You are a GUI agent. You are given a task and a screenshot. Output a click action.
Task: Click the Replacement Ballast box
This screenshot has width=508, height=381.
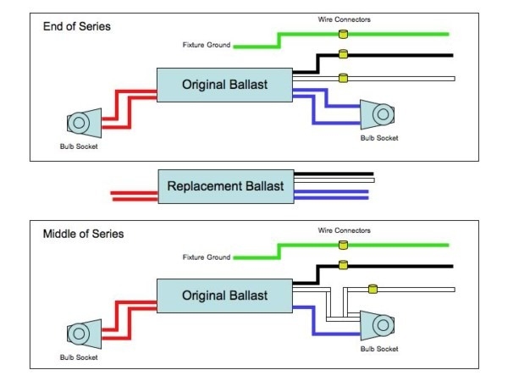[226, 185]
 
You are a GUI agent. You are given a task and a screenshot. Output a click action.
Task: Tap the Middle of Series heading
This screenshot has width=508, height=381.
[84, 233]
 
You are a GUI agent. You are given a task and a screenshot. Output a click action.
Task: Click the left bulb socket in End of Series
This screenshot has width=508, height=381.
[81, 123]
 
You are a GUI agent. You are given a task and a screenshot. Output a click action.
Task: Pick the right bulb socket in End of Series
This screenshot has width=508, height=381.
[377, 113]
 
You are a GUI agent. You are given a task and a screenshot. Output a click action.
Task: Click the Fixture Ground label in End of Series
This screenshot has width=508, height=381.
[206, 45]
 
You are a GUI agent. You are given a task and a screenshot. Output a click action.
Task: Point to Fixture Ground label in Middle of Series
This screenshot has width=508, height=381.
[206, 257]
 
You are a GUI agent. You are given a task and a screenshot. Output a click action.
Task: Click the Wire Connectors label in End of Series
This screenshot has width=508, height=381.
[343, 18]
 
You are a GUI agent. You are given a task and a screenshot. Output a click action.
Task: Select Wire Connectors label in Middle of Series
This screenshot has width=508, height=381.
[343, 229]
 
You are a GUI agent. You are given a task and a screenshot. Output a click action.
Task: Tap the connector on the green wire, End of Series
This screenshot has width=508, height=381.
[343, 34]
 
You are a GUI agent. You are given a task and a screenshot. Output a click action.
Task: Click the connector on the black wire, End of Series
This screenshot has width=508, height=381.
[343, 54]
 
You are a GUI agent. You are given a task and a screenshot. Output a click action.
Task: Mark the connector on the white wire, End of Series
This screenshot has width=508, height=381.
[343, 79]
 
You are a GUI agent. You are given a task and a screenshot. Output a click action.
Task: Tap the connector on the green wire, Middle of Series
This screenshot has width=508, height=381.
[343, 245]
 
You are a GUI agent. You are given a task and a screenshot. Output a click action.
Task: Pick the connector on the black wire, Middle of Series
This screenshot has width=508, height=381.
[343, 265]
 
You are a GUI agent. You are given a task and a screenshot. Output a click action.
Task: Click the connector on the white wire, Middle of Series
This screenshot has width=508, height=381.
[370, 289]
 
